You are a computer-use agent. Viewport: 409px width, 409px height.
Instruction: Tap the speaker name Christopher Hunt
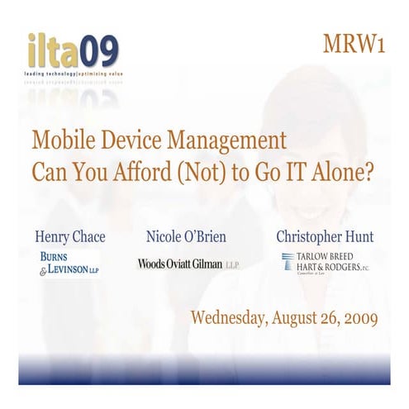click(x=325, y=237)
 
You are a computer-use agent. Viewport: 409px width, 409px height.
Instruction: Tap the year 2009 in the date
click(x=359, y=317)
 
